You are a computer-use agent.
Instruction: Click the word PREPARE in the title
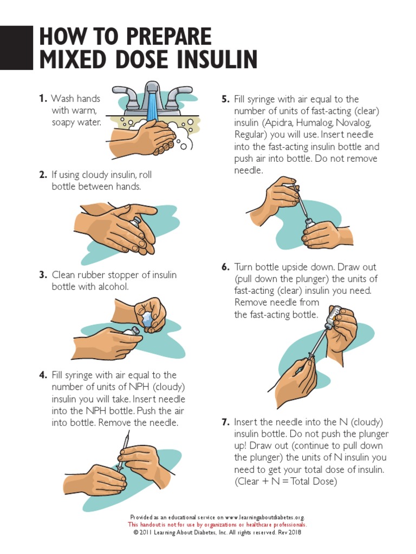[168, 36]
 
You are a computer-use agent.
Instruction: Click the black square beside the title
[16, 48]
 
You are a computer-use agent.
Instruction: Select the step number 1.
[43, 98]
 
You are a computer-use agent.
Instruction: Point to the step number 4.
[43, 375]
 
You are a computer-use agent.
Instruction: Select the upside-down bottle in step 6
[334, 316]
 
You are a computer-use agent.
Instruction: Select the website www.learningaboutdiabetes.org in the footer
[264, 517]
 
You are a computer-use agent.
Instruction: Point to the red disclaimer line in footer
[218, 525]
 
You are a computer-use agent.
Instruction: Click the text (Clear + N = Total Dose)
[286, 481]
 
